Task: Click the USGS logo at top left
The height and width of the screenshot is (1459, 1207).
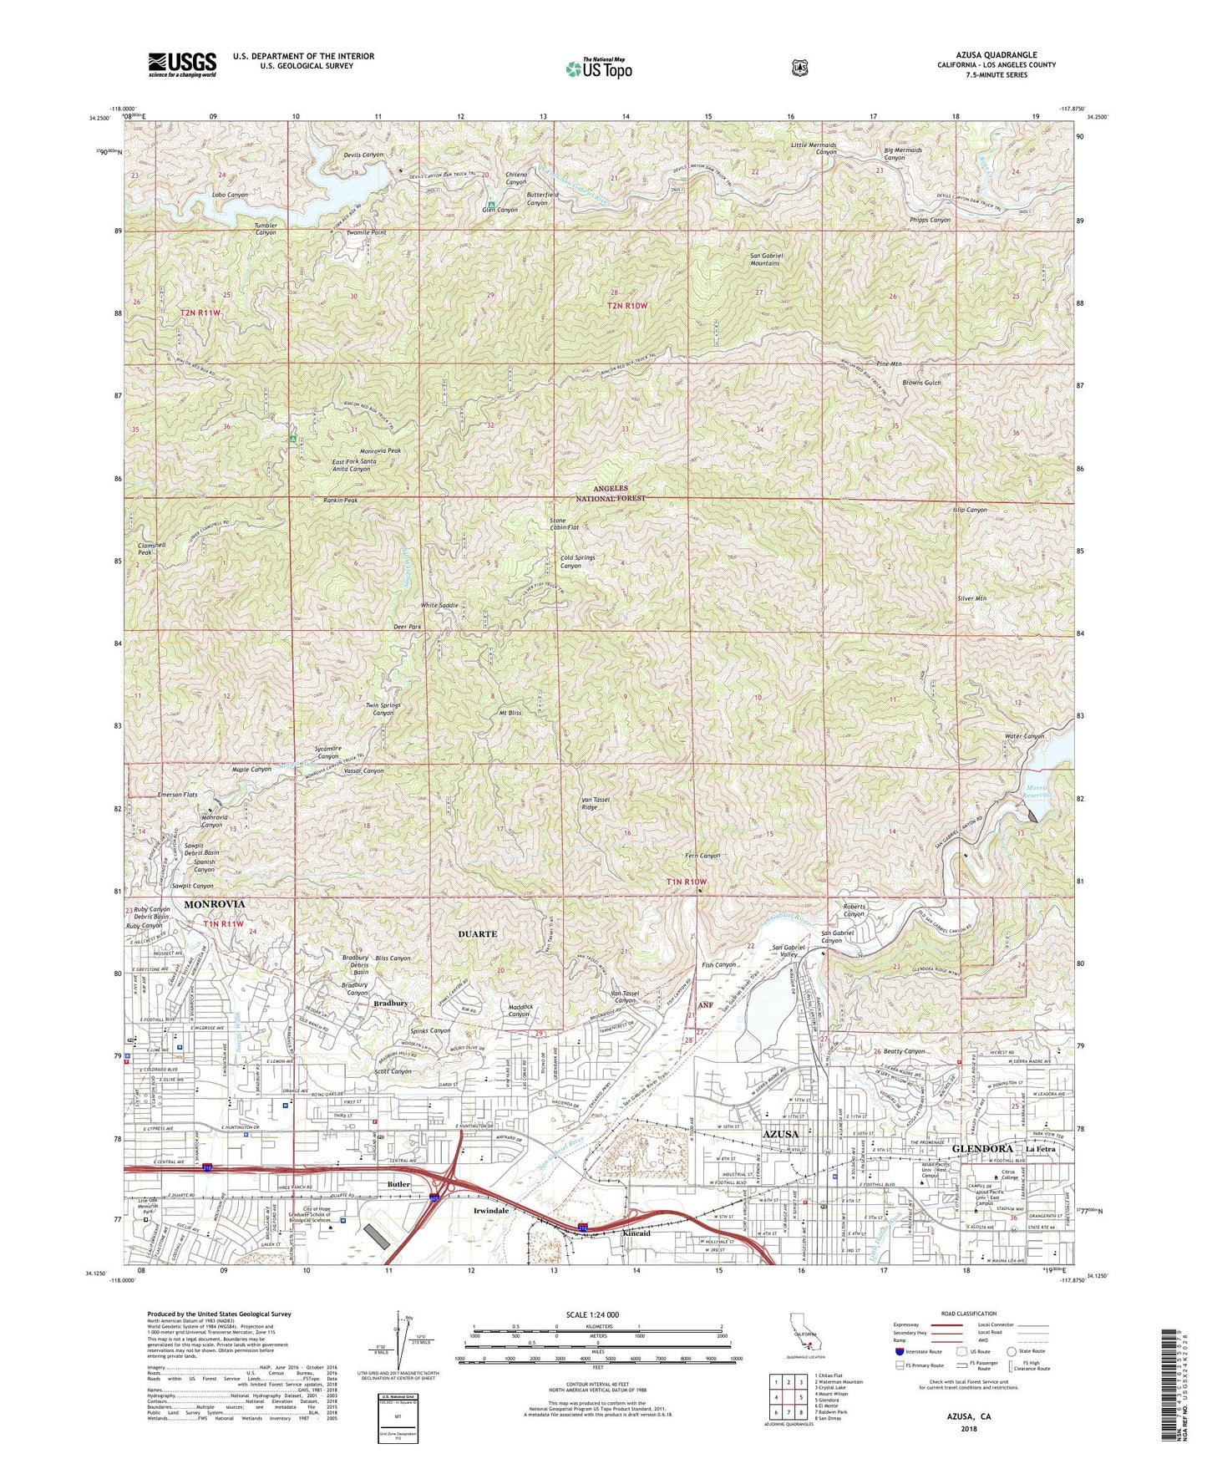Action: click(x=182, y=64)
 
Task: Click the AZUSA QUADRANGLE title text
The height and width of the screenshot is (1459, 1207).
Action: click(x=997, y=55)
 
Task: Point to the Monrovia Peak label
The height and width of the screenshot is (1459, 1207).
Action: click(x=380, y=450)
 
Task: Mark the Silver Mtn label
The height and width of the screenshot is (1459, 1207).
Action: click(x=971, y=598)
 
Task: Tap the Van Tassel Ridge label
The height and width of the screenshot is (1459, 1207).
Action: click(x=601, y=804)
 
